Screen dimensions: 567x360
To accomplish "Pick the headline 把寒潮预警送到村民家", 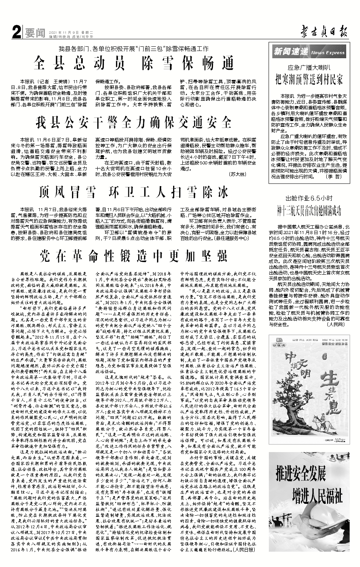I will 309,80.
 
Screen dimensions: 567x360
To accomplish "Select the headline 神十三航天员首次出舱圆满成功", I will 309,210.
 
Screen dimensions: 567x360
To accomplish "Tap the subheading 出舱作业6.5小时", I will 309,198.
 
